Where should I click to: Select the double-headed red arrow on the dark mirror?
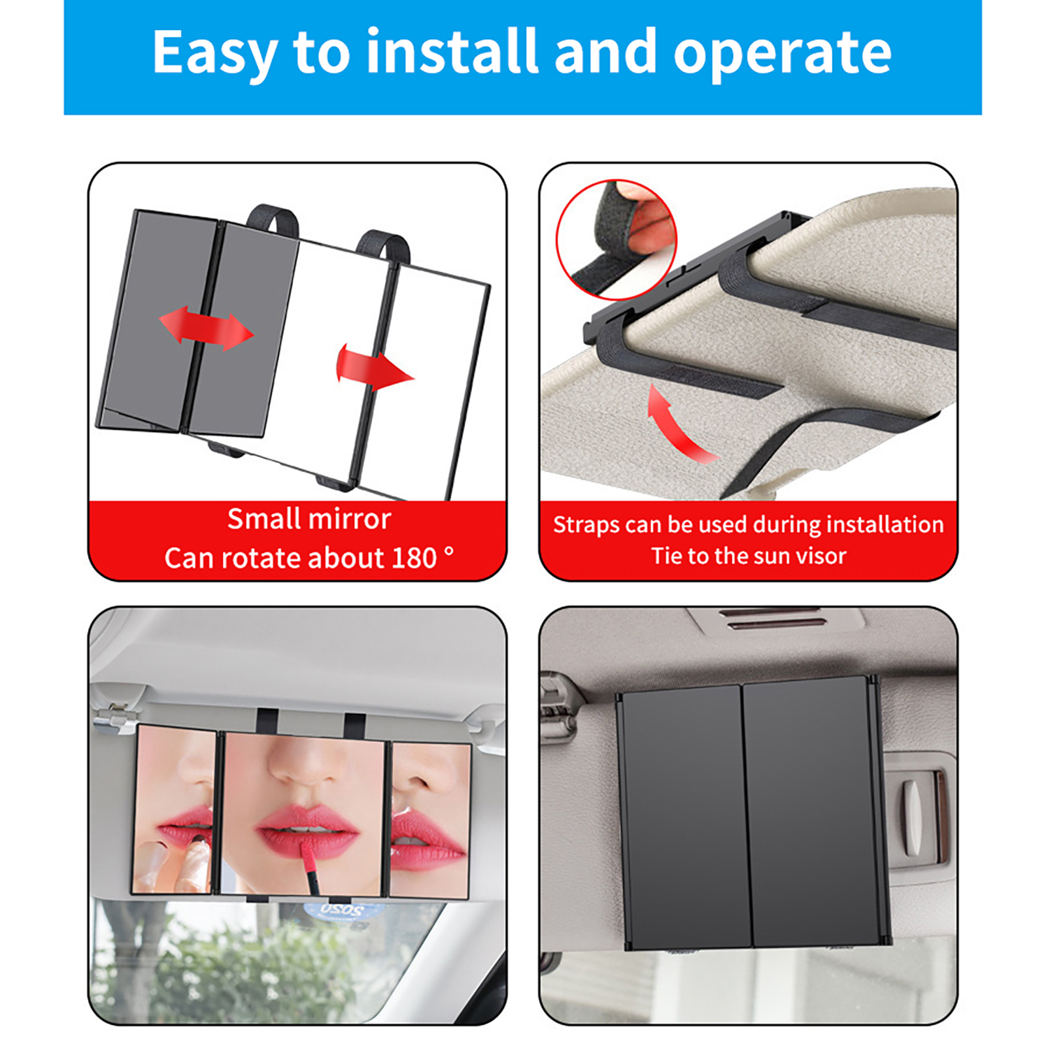click(206, 328)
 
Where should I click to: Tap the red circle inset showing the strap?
click(616, 240)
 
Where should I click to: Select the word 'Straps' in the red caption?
click(586, 525)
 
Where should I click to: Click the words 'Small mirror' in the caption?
click(309, 518)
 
